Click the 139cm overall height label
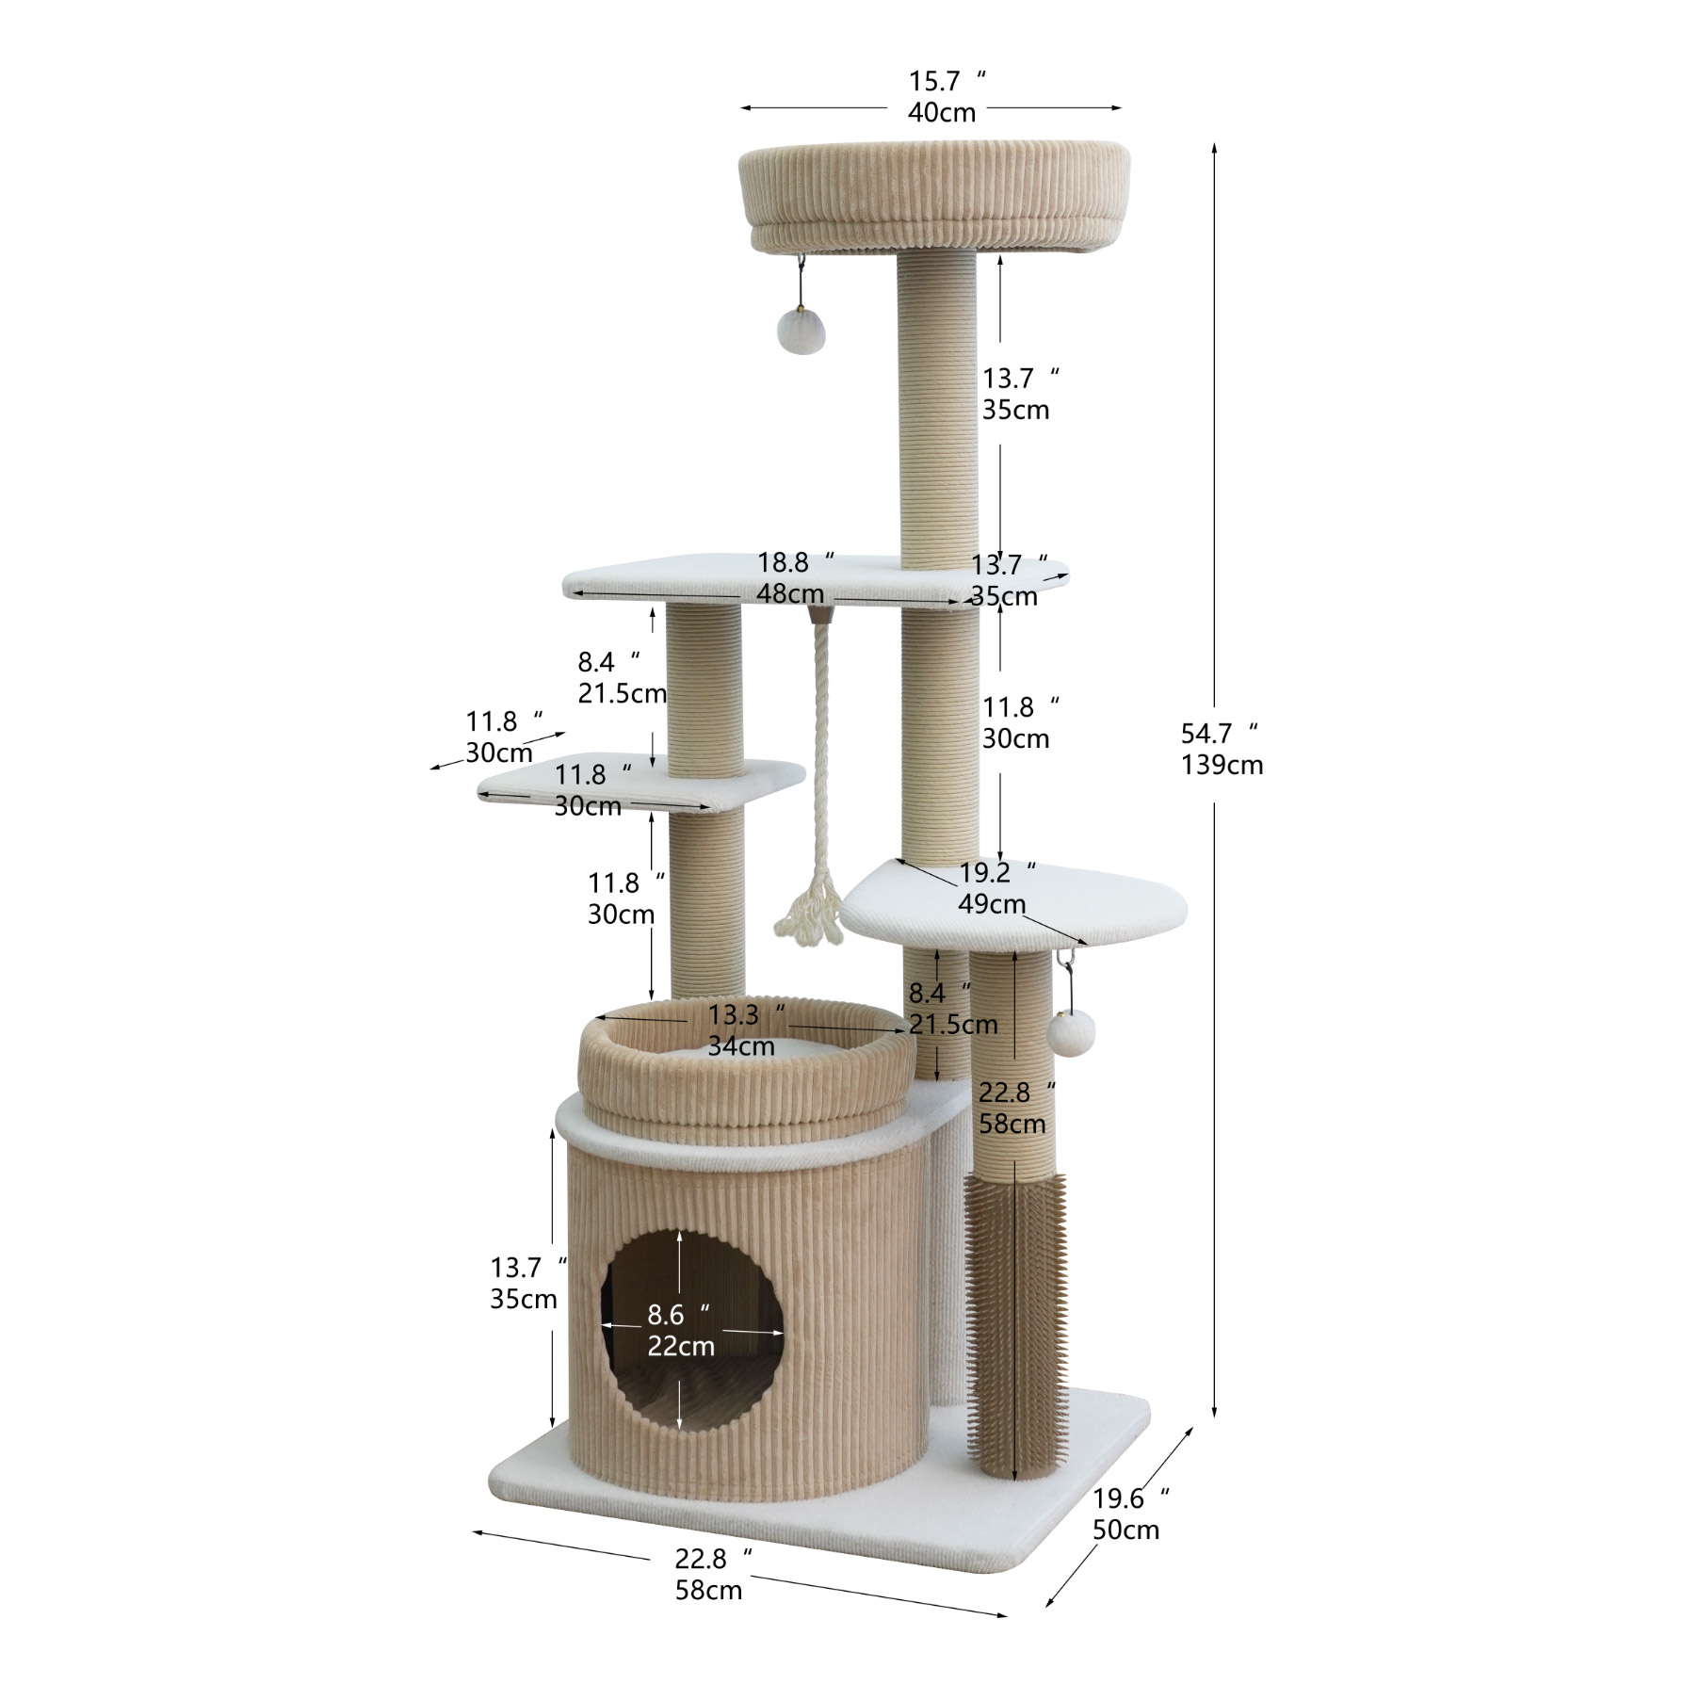[1222, 765]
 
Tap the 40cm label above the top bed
[942, 112]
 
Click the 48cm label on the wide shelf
[789, 594]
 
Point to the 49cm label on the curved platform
[992, 904]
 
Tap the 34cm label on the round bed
[741, 1046]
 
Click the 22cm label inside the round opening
[681, 1347]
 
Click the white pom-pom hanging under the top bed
[795, 329]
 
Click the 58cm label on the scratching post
[1012, 1125]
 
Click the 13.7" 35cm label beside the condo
[525, 1283]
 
